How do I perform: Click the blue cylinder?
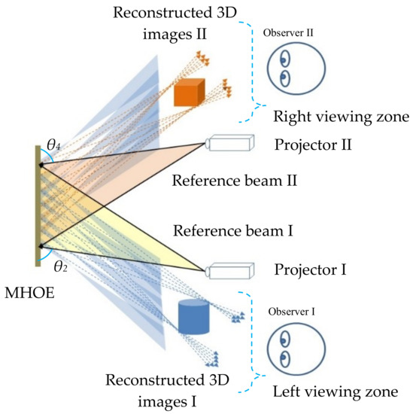[x=192, y=318]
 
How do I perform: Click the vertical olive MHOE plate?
[x=35, y=207]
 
